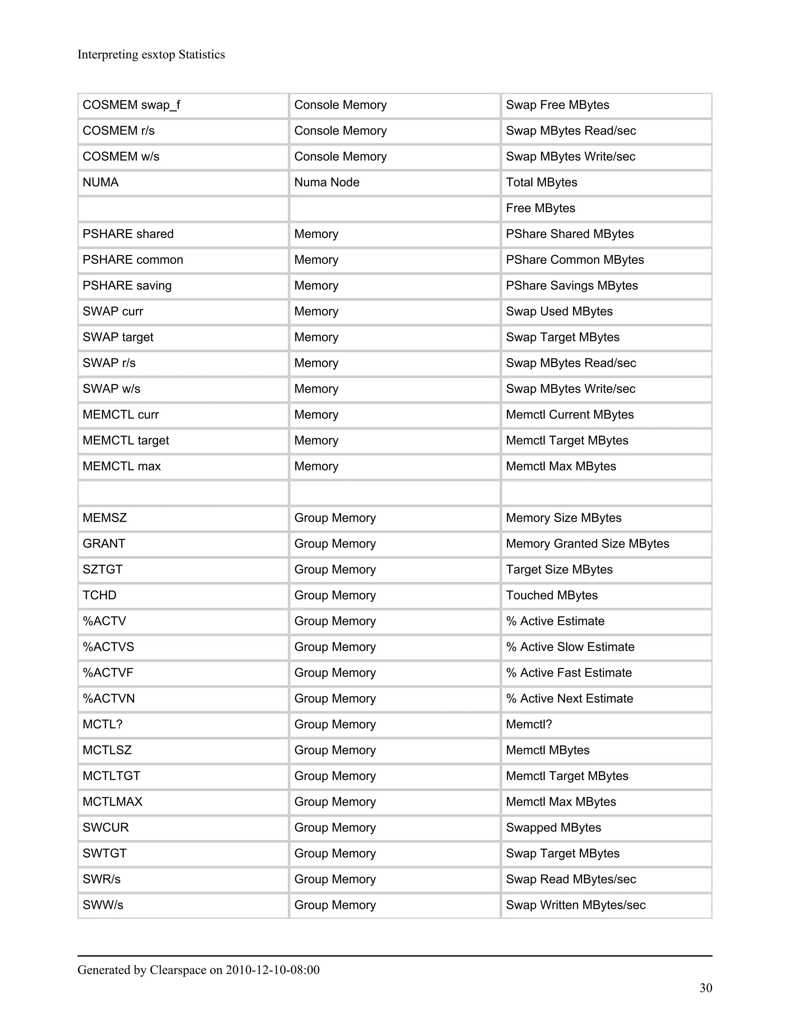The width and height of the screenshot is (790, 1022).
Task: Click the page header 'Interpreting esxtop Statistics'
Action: [151, 55]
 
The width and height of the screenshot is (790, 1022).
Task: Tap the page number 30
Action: [705, 988]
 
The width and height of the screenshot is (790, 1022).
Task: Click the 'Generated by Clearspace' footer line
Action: [198, 970]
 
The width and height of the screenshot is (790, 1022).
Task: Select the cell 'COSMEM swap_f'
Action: [132, 105]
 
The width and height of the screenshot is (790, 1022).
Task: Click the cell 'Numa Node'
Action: [327, 182]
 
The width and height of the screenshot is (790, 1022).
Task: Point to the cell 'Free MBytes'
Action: [540, 208]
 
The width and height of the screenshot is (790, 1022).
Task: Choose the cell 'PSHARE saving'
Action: [127, 285]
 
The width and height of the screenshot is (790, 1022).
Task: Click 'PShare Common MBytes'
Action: [574, 260]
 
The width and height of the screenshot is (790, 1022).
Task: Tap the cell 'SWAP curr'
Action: [113, 311]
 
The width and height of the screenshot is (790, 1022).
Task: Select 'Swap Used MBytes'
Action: [559, 311]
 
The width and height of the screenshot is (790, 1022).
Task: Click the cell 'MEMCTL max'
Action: [122, 466]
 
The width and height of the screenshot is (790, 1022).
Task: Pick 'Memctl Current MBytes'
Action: [570, 415]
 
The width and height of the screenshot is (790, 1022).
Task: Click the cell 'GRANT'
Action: [104, 544]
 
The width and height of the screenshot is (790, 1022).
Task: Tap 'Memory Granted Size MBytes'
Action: [587, 544]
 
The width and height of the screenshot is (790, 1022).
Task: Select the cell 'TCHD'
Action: [99, 595]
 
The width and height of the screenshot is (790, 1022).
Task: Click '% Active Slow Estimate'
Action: [570, 647]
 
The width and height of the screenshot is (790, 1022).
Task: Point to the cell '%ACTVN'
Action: [108, 699]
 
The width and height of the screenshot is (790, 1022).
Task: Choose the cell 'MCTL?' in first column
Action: [103, 724]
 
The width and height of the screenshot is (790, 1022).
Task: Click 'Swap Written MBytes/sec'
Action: [575, 905]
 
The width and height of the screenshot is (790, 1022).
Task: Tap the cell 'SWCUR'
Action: [105, 827]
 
